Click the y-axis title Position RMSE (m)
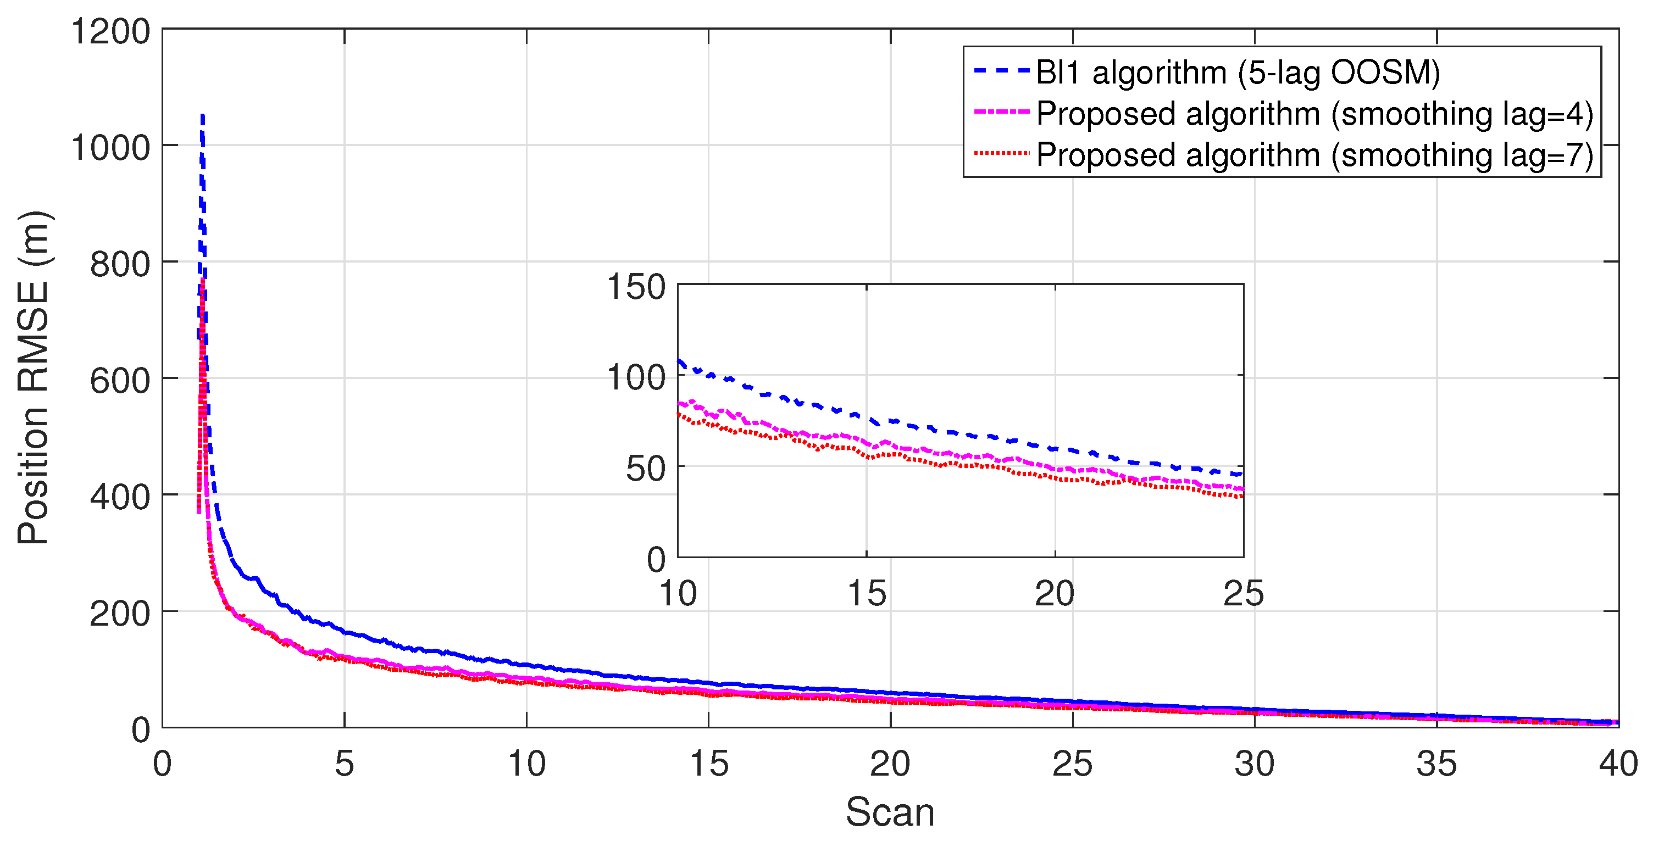[x=34, y=378]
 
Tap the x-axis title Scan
[x=890, y=812]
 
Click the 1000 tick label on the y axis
[x=110, y=148]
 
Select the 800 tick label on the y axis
[x=119, y=264]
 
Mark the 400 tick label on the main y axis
[x=119, y=497]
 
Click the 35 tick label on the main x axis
[x=1436, y=764]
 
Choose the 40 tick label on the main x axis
[x=1618, y=764]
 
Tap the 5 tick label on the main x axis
[x=345, y=764]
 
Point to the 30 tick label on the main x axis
[x=1255, y=764]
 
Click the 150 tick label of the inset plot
[x=636, y=286]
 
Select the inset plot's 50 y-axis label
[x=646, y=469]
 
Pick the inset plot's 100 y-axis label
[x=636, y=377]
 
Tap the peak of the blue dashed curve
[x=202, y=116]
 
